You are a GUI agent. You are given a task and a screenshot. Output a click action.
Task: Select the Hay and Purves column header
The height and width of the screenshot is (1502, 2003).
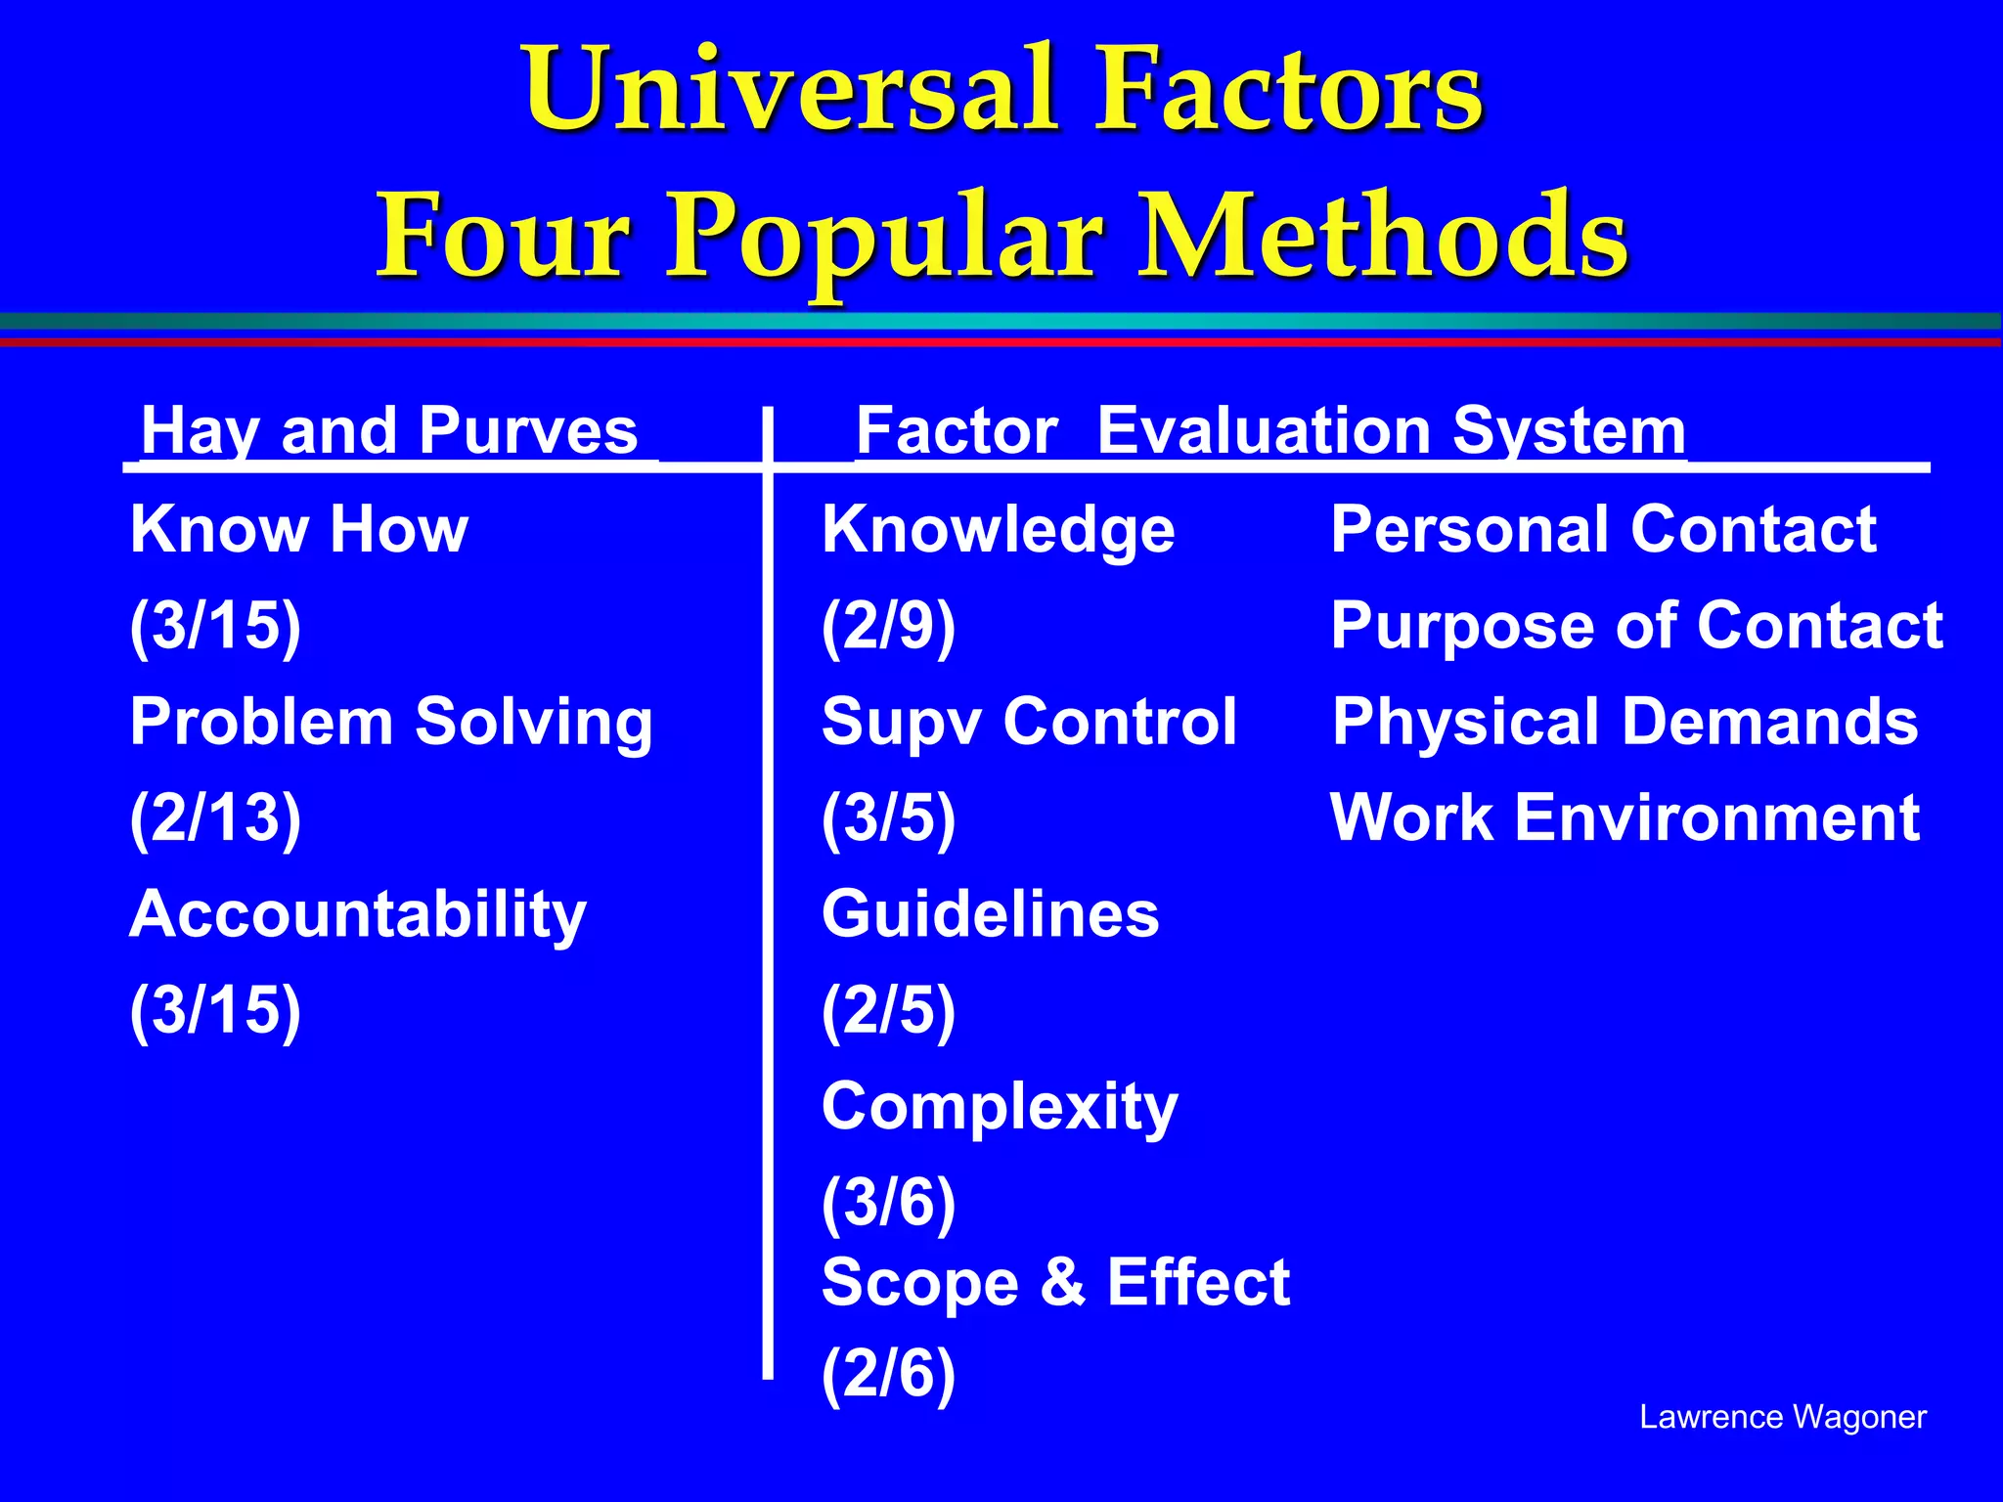click(x=389, y=430)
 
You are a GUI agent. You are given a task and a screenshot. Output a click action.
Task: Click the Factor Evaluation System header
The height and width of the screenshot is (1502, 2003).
click(x=1270, y=430)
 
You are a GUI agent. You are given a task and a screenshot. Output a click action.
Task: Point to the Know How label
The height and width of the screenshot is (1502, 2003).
click(x=299, y=529)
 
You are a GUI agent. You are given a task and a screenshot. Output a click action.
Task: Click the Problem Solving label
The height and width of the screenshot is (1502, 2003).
click(x=391, y=723)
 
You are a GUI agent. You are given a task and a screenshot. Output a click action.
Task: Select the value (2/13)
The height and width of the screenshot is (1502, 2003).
click(x=215, y=817)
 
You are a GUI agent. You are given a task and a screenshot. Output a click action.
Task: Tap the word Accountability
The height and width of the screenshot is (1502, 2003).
click(x=358, y=914)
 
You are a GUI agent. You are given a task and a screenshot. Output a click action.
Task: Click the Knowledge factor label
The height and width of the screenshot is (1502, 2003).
click(x=998, y=529)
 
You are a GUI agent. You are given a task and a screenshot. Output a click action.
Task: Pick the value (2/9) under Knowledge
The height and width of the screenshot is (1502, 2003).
click(x=888, y=626)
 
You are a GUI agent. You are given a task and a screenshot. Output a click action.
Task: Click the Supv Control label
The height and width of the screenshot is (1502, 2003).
click(x=1029, y=722)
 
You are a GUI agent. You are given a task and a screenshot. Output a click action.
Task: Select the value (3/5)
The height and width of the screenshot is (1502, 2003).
click(x=888, y=817)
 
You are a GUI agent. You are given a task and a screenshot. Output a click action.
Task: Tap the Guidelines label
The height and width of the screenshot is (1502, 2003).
click(x=990, y=914)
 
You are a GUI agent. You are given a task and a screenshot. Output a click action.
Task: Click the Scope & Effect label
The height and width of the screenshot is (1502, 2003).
click(x=1055, y=1282)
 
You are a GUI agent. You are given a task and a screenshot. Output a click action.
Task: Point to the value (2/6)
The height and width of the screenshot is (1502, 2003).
click(x=888, y=1374)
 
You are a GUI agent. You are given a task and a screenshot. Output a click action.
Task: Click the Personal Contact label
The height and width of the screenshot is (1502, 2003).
click(x=1603, y=529)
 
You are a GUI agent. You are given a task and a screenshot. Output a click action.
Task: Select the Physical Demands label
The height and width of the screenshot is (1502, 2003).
click(x=1625, y=722)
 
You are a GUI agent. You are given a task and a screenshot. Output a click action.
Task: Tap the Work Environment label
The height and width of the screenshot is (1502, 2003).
click(x=1625, y=817)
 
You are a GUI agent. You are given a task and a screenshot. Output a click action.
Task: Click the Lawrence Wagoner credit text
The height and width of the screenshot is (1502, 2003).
click(x=1782, y=1417)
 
